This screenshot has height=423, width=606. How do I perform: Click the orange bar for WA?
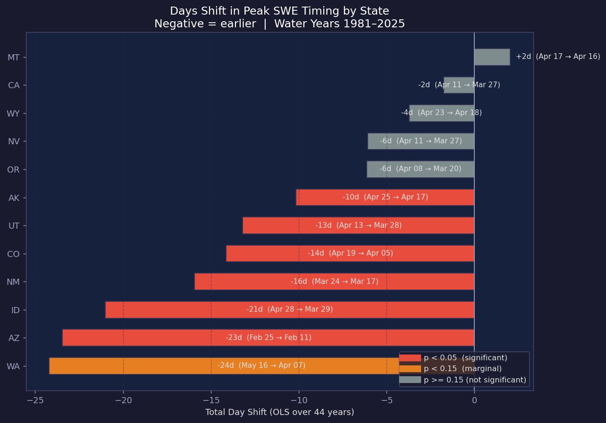[x=142, y=366]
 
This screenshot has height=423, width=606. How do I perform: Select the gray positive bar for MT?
[x=492, y=57]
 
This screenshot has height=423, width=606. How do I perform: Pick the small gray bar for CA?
[x=459, y=85]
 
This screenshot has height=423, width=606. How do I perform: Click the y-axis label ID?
[x=15, y=310]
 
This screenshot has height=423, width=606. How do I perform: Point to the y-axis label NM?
[x=13, y=282]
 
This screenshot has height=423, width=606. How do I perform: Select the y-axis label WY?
[x=13, y=113]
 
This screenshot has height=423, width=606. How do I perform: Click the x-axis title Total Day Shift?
[x=279, y=412]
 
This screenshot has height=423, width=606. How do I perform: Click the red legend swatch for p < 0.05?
[x=410, y=357]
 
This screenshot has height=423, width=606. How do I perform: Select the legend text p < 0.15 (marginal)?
[x=463, y=368]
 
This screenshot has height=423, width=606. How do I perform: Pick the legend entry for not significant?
[x=475, y=380]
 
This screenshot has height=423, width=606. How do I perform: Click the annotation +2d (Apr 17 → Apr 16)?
[x=558, y=56]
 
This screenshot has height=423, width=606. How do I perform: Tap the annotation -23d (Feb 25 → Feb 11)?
[x=268, y=338]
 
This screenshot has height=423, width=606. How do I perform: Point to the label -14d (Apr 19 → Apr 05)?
[x=350, y=253]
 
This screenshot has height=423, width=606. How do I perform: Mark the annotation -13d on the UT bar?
[x=324, y=225]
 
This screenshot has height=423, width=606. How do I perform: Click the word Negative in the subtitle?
[x=176, y=24]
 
